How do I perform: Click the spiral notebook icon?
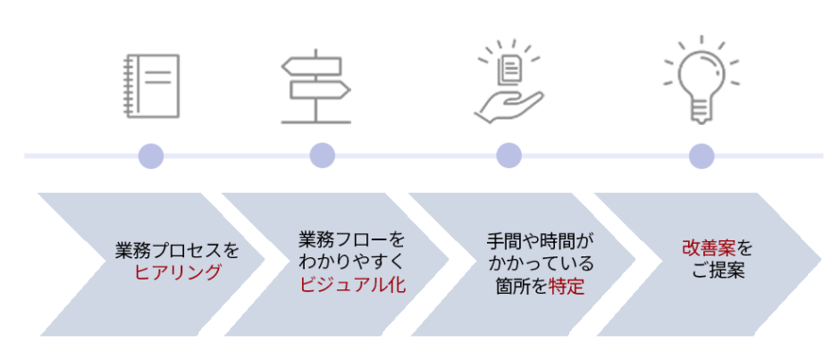[x=151, y=86]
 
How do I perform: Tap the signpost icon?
[x=315, y=87]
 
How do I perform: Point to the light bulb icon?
[x=701, y=80]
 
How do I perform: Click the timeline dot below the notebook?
[x=151, y=156]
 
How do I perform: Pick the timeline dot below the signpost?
[x=323, y=156]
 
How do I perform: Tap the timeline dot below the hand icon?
[x=509, y=156]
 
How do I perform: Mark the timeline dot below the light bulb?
[x=701, y=156]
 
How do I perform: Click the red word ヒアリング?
[x=177, y=272]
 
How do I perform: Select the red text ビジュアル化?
[x=352, y=284]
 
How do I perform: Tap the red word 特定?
[x=567, y=287]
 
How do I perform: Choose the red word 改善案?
[x=709, y=248]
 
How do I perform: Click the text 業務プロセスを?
[x=177, y=250]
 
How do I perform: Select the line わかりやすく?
[x=352, y=262]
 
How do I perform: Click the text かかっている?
[x=540, y=265]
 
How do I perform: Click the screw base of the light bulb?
[x=701, y=113]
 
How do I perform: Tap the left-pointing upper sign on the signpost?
[x=312, y=66]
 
